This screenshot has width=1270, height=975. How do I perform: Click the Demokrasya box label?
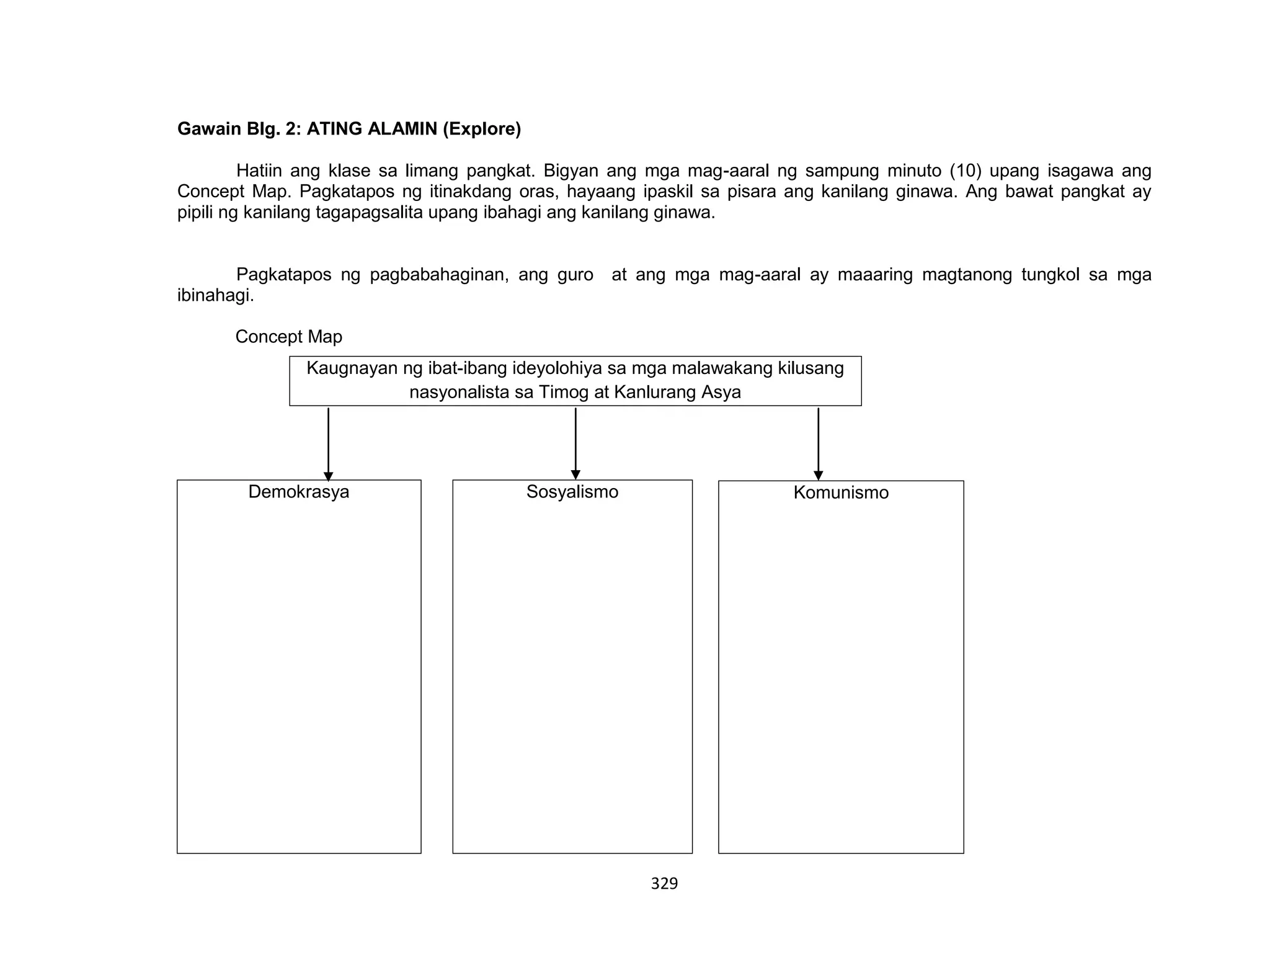(x=298, y=492)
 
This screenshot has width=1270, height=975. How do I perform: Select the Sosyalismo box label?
(x=572, y=492)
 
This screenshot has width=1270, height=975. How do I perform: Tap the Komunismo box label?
(x=840, y=493)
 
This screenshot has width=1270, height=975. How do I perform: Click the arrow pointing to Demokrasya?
(x=328, y=443)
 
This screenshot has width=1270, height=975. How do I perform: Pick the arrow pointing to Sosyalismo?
(x=575, y=443)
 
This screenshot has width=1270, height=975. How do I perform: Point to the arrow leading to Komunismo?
(x=818, y=443)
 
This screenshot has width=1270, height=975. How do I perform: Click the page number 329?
(x=664, y=884)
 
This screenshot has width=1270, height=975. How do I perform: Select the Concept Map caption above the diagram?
(x=288, y=337)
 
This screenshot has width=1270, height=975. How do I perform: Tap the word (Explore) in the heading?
(x=481, y=129)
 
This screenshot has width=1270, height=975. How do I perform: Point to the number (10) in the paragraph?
(x=966, y=171)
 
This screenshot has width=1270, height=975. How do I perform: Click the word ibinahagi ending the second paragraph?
(x=215, y=296)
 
